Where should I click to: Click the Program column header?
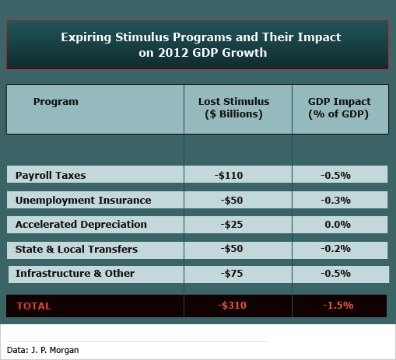tap(56, 102)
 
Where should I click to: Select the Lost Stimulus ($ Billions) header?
tap(234, 108)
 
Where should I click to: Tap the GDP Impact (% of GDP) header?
tap(339, 108)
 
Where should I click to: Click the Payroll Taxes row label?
tap(51, 176)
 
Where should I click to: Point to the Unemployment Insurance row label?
tap(83, 201)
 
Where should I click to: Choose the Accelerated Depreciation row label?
tap(81, 225)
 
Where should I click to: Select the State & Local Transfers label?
tap(76, 249)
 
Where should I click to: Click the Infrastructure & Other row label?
tap(75, 274)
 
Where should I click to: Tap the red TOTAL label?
tap(34, 306)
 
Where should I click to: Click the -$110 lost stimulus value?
tap(229, 176)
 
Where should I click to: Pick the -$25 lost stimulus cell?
tap(232, 225)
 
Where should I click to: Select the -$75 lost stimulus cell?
tap(232, 274)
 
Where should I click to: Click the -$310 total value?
tap(232, 306)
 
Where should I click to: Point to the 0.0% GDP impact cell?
tap(338, 225)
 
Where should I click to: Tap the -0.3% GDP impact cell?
tap(336, 201)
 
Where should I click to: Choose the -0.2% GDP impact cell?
tap(336, 249)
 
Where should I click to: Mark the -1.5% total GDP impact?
tap(338, 306)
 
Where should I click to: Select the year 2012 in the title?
tap(173, 53)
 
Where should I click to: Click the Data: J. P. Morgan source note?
tap(43, 350)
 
